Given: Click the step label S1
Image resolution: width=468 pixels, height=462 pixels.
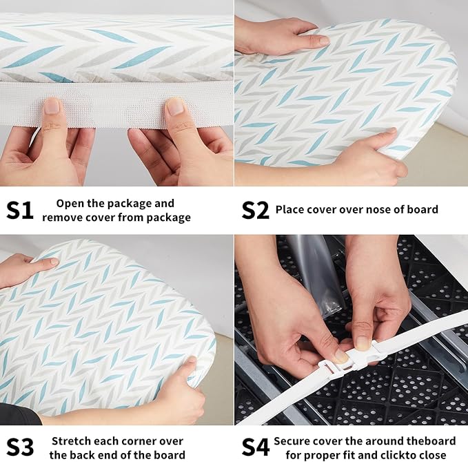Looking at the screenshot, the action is point(20,210).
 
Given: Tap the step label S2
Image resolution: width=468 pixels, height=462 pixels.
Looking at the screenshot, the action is point(255,210).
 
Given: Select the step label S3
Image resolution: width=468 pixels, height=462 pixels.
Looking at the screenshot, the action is point(20,447).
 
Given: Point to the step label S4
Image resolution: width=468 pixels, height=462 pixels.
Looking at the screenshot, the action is point(256,447).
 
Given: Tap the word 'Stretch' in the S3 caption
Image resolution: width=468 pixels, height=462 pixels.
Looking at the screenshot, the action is point(71,441).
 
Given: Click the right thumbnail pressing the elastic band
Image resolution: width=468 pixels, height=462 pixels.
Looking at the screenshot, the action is point(175,106).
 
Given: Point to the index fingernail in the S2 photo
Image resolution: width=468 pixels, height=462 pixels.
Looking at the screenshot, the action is point(322,39).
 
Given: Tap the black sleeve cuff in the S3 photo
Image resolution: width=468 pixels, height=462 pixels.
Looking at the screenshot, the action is point(19,414).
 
